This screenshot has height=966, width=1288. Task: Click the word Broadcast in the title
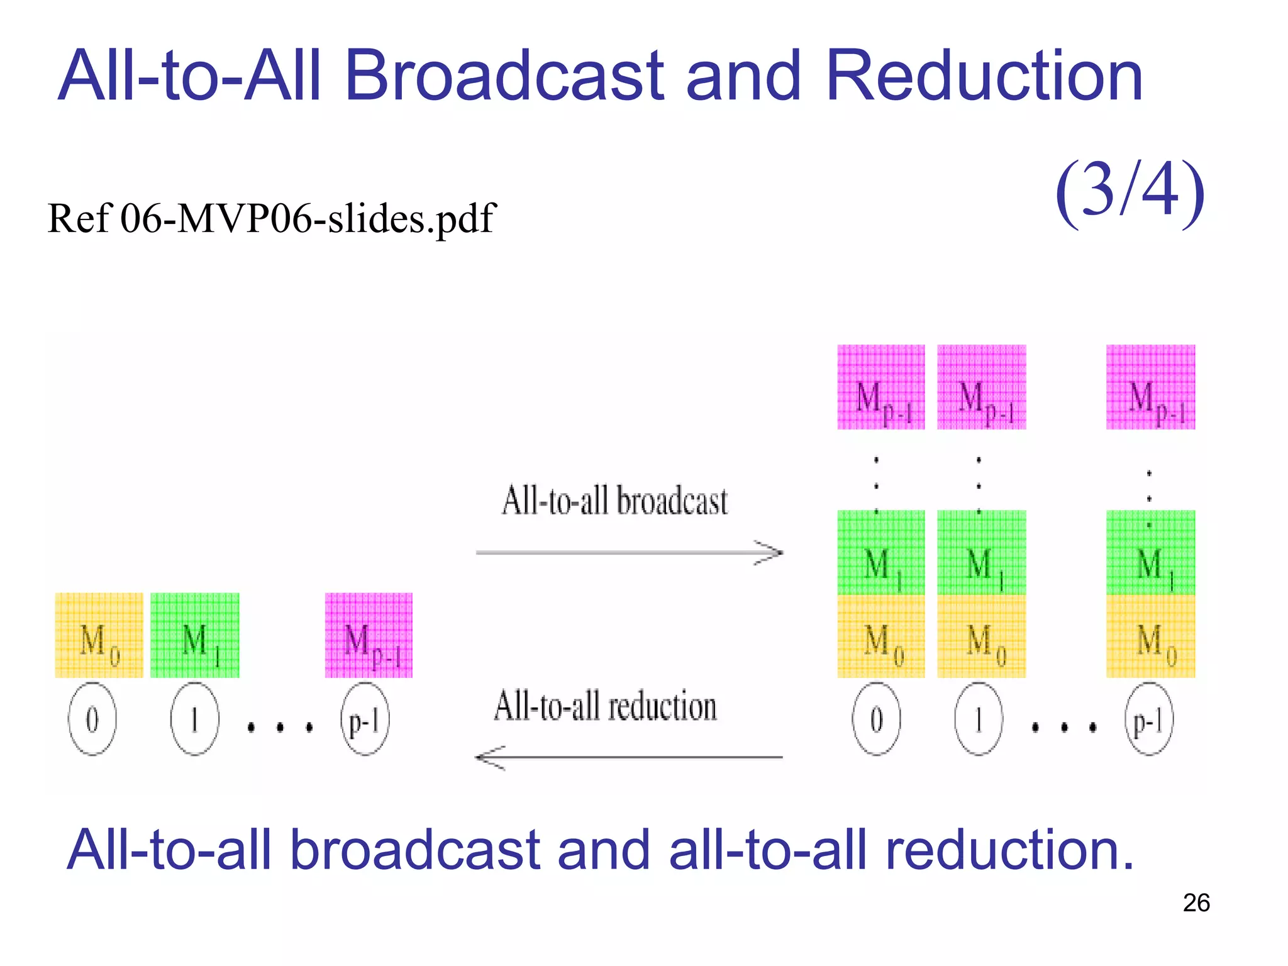(504, 77)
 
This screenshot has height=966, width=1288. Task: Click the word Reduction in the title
(984, 77)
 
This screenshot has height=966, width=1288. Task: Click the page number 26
(1196, 903)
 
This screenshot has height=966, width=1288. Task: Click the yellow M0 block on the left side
(99, 635)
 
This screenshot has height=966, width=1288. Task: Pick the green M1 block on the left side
(195, 635)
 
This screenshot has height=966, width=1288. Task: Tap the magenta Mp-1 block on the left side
(369, 635)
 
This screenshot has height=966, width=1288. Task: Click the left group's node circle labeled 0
(92, 719)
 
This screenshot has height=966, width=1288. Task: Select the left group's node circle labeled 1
(194, 719)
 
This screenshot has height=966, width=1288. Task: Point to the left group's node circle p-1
(365, 719)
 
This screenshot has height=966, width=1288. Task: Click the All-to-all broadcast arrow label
(614, 501)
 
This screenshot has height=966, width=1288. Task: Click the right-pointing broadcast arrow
(629, 553)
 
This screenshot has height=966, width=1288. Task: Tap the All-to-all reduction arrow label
(605, 706)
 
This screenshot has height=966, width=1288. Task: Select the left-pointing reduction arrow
(629, 757)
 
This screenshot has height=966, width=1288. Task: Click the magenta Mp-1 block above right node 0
(880, 387)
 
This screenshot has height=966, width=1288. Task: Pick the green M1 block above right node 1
(981, 553)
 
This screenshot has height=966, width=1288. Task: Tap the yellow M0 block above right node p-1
(1150, 636)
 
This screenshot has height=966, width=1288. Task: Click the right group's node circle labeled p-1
(1148, 719)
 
